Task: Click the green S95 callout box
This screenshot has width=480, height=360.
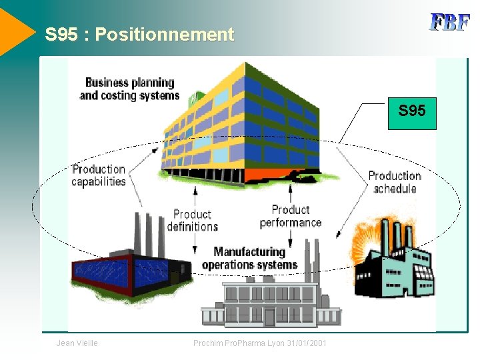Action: pyautogui.click(x=411, y=111)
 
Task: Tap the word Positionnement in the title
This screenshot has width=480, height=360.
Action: pyautogui.click(x=165, y=35)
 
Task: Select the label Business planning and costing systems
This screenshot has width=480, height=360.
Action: pyautogui.click(x=129, y=89)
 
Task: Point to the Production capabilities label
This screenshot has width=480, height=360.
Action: pyautogui.click(x=99, y=175)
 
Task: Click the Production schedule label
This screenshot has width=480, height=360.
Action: pyautogui.click(x=395, y=182)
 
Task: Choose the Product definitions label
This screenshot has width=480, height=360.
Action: pyautogui.click(x=192, y=220)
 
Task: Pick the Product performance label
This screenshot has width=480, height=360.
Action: pyautogui.click(x=291, y=216)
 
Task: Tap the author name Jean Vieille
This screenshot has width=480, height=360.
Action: pyautogui.click(x=77, y=343)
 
